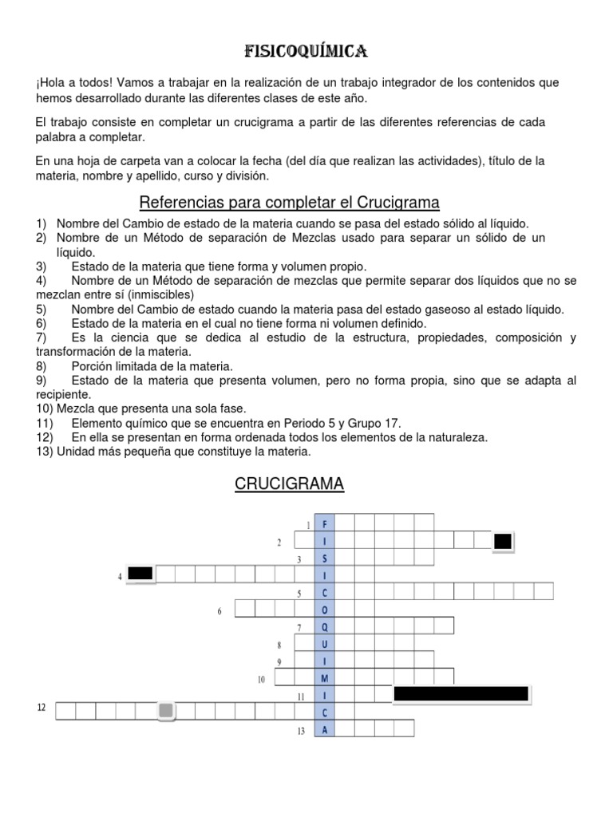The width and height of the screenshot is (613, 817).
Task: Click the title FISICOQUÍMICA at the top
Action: click(306, 53)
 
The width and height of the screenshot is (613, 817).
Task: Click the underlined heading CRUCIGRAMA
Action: click(289, 484)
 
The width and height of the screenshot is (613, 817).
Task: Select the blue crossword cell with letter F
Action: click(325, 523)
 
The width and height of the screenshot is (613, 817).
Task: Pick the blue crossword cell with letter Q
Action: click(325, 627)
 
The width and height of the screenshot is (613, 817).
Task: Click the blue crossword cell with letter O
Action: click(325, 610)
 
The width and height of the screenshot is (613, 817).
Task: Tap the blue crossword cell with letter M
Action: click(325, 678)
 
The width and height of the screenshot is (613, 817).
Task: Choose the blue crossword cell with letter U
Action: click(325, 644)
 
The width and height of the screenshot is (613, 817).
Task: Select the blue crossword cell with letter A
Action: click(325, 729)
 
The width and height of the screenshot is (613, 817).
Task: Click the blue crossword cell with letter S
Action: click(325, 558)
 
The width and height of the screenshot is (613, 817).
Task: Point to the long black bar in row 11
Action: click(461, 694)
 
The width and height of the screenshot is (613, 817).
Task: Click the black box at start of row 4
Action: click(140, 573)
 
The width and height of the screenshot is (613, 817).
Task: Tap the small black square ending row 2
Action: click(503, 542)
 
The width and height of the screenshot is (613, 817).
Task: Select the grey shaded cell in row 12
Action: click(165, 710)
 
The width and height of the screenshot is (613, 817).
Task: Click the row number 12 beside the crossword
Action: click(42, 707)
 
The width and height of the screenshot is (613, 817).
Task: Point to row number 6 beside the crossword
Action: click(219, 611)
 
